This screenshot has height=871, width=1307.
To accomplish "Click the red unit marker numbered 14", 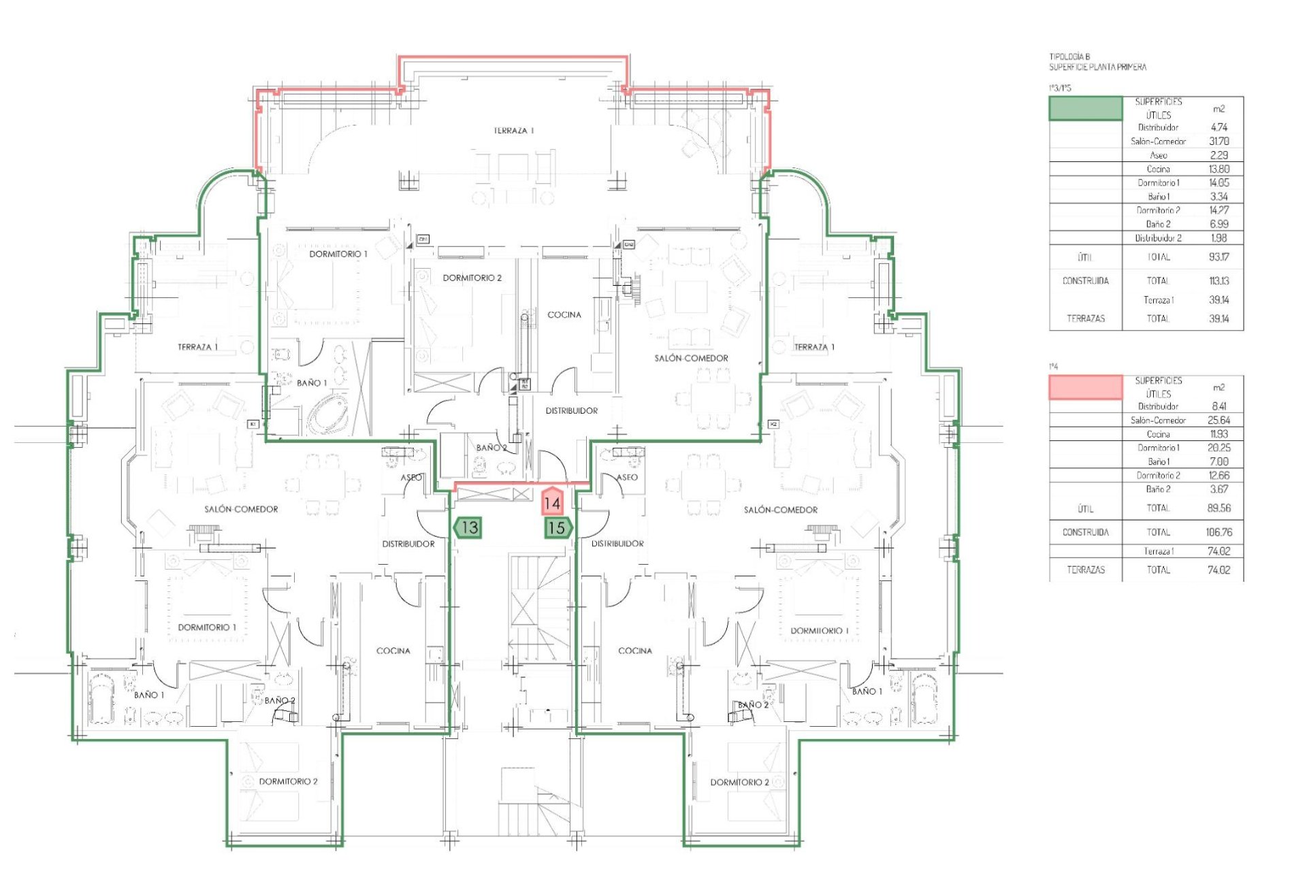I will [551, 503].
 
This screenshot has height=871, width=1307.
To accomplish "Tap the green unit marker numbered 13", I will [468, 527].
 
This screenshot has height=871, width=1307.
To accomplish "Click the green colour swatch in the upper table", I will [1085, 109].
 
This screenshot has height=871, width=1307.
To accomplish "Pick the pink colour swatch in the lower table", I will [1085, 387].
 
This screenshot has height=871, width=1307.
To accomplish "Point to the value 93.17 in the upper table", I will [1219, 257].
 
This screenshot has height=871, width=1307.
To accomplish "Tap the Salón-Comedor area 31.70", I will [1219, 142].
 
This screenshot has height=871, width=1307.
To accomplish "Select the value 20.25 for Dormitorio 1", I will [1219, 448].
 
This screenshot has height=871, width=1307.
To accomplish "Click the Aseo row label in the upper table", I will [1158, 155].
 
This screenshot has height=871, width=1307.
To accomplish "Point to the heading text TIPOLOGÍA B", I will [1070, 57].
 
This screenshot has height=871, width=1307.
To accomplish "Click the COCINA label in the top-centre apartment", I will [564, 315].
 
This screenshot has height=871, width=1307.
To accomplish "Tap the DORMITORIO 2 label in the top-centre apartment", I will [472, 278].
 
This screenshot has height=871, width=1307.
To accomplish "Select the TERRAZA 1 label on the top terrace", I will [514, 131].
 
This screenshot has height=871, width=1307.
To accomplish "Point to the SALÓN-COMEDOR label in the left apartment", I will [241, 509].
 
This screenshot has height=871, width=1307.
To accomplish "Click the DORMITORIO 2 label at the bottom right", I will [739, 783].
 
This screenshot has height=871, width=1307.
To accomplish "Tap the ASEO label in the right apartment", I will [627, 477].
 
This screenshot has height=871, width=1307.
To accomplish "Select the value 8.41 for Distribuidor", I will [1219, 406].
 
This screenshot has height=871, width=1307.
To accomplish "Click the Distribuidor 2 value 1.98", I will [1219, 238].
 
